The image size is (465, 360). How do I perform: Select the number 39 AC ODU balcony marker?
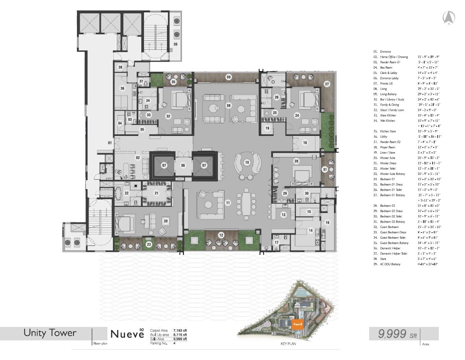point(175,44)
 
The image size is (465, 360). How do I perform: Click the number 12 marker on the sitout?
point(221,235)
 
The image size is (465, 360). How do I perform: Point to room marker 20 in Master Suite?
point(166,221)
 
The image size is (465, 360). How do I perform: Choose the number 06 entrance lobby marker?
point(183,166)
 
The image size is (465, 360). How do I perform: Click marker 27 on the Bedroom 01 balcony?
point(327,84)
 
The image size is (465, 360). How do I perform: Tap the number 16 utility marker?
point(328,223)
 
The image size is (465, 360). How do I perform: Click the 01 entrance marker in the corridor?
point(110,144)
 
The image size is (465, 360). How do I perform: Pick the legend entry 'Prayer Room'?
point(387,147)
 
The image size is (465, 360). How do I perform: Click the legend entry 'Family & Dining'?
point(389,105)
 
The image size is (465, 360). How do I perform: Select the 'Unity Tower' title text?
point(50,333)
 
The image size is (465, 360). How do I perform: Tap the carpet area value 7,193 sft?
point(180,330)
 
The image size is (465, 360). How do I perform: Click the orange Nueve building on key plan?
point(297,324)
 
